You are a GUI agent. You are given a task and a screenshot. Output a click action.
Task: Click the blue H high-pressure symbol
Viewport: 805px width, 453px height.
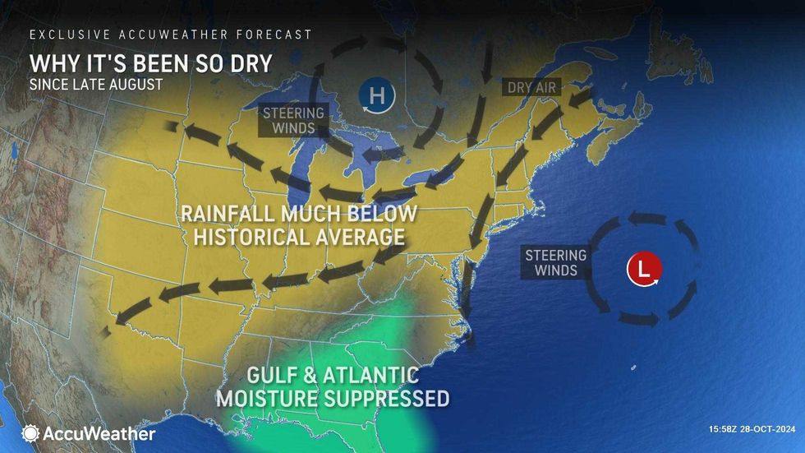pyautogui.click(x=376, y=96)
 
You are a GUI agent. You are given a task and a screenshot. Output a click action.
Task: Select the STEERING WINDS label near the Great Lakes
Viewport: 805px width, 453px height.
pyautogui.click(x=294, y=120)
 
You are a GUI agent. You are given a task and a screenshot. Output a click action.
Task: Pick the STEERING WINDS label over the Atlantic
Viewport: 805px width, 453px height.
pyautogui.click(x=556, y=262)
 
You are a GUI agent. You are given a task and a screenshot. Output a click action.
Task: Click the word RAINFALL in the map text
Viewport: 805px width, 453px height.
pyautogui.click(x=233, y=214)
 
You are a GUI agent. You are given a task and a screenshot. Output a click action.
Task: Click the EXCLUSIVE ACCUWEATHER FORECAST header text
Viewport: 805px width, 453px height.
pyautogui.click(x=171, y=35)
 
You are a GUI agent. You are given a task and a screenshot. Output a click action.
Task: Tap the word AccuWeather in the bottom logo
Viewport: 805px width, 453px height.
pyautogui.click(x=99, y=433)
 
